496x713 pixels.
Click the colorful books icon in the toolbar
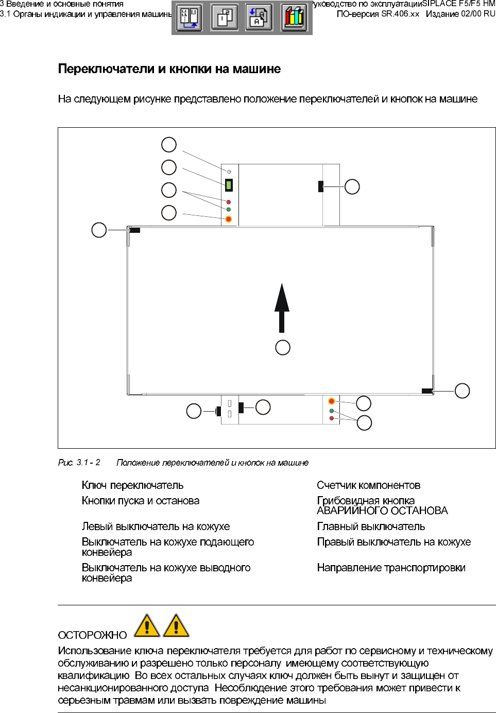[x=294, y=17]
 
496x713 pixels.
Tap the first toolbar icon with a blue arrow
[x=189, y=17]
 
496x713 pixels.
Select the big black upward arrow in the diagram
[x=282, y=308]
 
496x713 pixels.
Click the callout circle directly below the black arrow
[x=283, y=348]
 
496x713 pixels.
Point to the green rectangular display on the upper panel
[x=229, y=184]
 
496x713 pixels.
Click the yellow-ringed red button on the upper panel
[x=229, y=219]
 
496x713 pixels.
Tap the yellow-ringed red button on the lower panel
[x=332, y=401]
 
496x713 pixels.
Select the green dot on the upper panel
[x=229, y=210]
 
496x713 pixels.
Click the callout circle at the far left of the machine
[x=99, y=230]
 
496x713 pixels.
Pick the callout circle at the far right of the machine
[x=462, y=391]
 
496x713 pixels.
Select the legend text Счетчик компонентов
[x=368, y=485]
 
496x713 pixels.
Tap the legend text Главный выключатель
[x=371, y=527]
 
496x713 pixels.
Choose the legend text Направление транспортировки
[x=391, y=568]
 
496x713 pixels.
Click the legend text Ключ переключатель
[x=132, y=485]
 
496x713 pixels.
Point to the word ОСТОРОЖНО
[x=92, y=635]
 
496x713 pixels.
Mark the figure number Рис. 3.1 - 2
[x=79, y=463]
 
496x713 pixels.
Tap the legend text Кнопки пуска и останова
[x=140, y=501]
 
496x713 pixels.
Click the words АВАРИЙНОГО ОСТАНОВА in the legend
[x=382, y=511]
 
